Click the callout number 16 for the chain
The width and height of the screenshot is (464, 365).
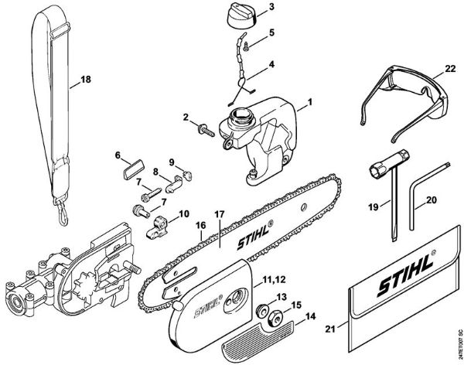pyautogui.click(x=200, y=226)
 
